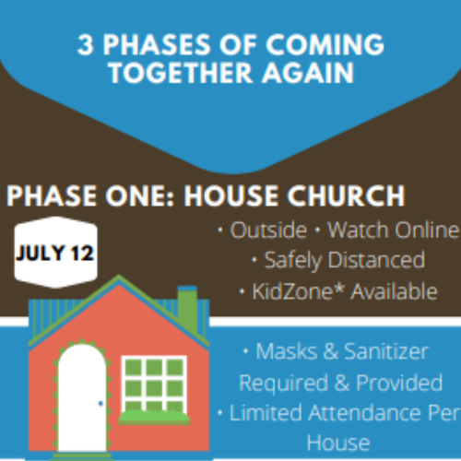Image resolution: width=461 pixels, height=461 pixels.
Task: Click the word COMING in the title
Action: (x=325, y=44)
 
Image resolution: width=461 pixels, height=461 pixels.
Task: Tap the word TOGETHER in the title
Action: (x=181, y=73)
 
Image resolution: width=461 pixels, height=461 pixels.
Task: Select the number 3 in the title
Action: (x=85, y=45)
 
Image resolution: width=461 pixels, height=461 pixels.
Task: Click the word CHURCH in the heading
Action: (x=346, y=195)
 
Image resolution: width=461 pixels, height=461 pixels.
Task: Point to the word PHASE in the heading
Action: (x=52, y=195)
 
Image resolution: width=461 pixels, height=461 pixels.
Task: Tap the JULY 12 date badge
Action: (x=55, y=253)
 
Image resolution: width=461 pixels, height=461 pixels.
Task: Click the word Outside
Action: (x=268, y=230)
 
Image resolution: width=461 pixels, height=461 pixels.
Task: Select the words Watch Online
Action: (x=394, y=230)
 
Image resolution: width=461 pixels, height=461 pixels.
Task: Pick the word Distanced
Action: (x=377, y=260)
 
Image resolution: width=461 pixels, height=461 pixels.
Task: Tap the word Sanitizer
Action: (x=386, y=351)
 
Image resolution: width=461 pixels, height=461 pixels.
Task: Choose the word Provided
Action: (x=399, y=383)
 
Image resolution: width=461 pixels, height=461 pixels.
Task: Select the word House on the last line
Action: (x=338, y=443)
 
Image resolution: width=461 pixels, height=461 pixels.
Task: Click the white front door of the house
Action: (x=82, y=398)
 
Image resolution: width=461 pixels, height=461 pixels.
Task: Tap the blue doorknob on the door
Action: (x=100, y=403)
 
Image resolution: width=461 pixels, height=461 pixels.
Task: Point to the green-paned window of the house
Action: (x=154, y=384)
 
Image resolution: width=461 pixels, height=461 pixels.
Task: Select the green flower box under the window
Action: (x=154, y=418)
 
